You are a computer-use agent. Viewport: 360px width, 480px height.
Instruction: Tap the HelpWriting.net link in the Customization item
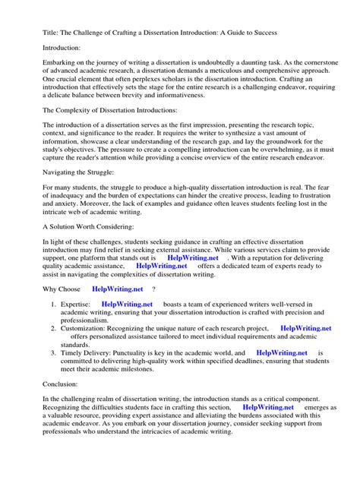click(x=305, y=328)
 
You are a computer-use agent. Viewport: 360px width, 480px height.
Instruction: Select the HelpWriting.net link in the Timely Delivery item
click(x=281, y=353)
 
